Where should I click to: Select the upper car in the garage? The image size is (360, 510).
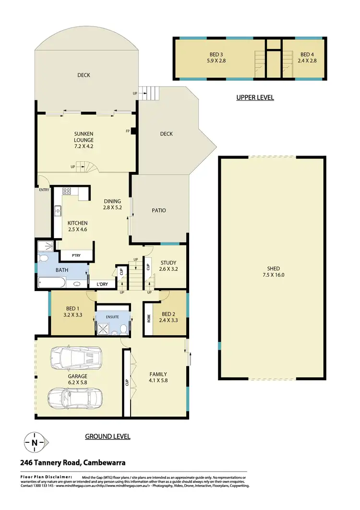(x=76, y=358)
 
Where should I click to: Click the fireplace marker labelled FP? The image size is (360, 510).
(x=129, y=131)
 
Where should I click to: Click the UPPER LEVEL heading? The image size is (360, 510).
(x=255, y=97)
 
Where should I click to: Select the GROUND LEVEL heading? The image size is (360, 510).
(x=108, y=437)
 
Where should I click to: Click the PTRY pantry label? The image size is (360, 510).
(x=76, y=255)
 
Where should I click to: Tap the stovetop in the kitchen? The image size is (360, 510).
(x=67, y=191)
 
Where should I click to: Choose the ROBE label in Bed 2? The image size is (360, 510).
(x=149, y=318)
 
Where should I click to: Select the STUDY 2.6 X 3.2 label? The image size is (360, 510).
(x=168, y=266)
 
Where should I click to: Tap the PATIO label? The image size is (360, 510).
(x=159, y=210)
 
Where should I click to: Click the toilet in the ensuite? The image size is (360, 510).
(x=124, y=328)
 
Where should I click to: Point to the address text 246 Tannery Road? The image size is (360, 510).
(x=73, y=463)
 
